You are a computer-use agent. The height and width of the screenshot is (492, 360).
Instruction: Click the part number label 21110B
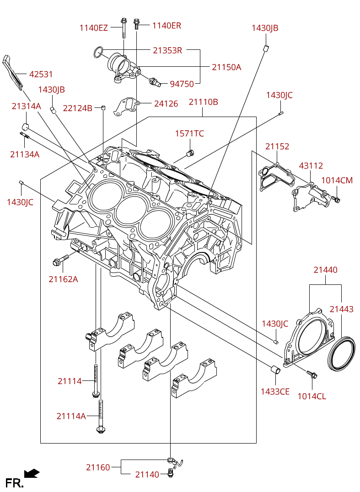tap(203, 102)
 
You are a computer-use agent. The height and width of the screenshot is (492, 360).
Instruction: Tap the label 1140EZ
tap(93, 28)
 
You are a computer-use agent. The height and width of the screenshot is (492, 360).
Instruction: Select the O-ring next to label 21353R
tap(98, 53)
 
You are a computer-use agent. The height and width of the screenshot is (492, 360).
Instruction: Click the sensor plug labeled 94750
tap(155, 81)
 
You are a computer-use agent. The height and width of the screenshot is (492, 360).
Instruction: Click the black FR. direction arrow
tap(32, 473)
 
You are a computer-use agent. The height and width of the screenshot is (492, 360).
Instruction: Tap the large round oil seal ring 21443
tap(342, 353)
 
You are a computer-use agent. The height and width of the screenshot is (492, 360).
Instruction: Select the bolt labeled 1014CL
tap(312, 374)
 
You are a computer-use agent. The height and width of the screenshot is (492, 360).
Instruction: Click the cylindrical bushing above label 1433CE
tap(275, 369)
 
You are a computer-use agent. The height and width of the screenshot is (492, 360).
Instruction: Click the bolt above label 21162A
tap(61, 260)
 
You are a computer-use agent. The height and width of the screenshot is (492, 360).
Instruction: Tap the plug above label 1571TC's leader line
tap(190, 153)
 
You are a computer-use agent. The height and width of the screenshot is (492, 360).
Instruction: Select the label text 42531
tap(41, 75)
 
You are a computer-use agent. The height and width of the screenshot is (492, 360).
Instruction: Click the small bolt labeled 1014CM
tap(336, 198)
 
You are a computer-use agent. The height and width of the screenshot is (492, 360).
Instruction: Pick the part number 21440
tap(326, 270)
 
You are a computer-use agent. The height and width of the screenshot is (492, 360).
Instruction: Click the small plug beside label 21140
tap(171, 472)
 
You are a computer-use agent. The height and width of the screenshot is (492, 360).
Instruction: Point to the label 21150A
tap(226, 67)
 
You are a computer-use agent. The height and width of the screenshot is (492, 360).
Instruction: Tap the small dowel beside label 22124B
tap(103, 108)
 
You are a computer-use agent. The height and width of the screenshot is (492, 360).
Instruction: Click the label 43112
tap(311, 166)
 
